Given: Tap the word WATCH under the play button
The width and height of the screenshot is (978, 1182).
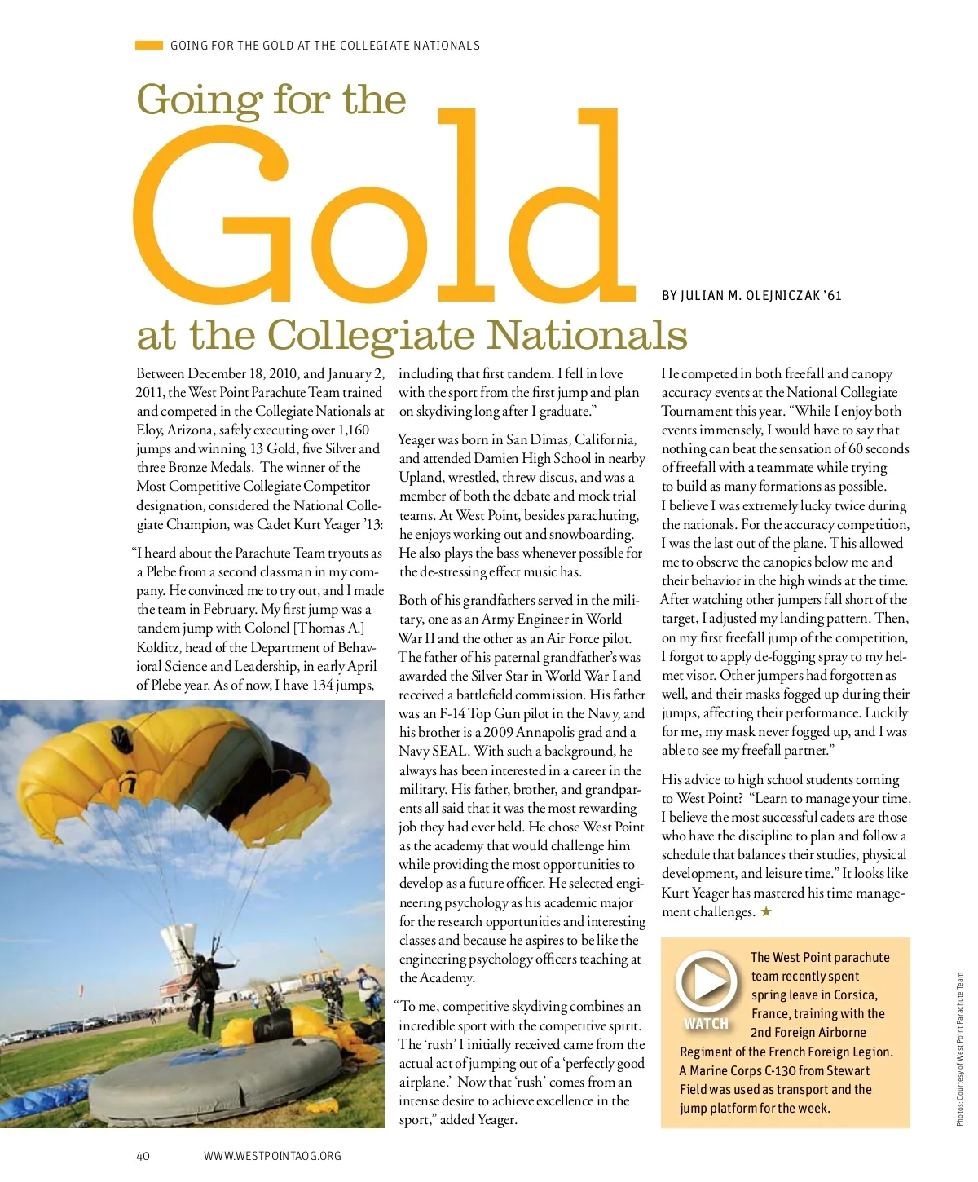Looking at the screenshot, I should (x=706, y=1024).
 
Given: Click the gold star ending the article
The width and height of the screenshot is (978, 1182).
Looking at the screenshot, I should (x=766, y=911).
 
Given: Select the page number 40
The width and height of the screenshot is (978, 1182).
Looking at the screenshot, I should (x=143, y=1156).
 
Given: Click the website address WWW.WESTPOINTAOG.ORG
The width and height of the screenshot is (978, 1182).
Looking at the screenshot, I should (x=272, y=1156).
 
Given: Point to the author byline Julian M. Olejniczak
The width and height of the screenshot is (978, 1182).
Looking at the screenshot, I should (x=751, y=295).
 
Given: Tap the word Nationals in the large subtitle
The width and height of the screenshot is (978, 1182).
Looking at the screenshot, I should (x=587, y=334).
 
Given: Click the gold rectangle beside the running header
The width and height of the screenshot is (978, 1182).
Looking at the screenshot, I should (x=149, y=46).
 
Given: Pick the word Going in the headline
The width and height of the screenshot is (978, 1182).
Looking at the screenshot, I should (x=199, y=99).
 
